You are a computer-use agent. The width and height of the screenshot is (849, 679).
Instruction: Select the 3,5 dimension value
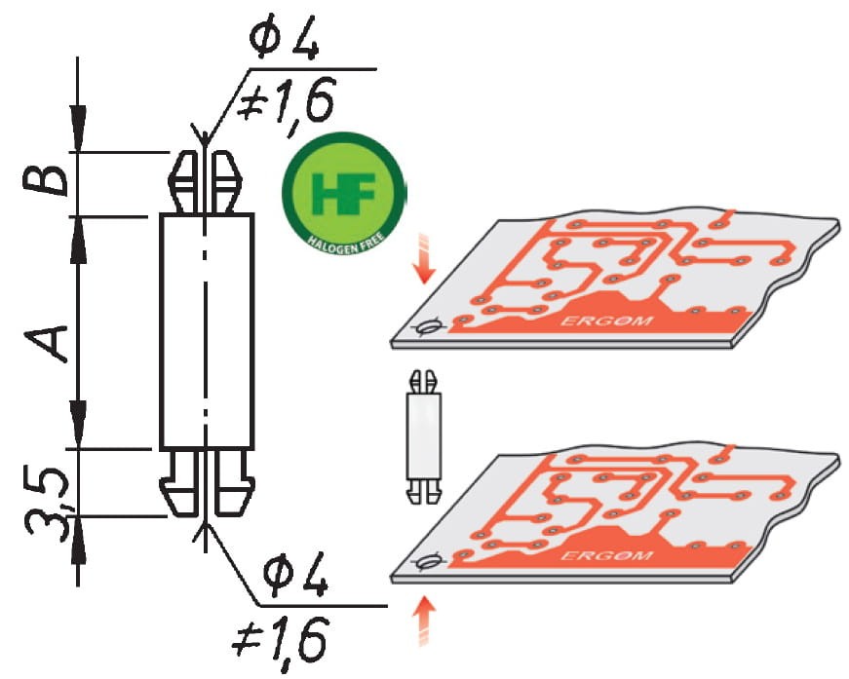pyautogui.click(x=46, y=502)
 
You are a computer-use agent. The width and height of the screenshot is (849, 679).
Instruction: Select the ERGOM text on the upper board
pyautogui.click(x=607, y=321)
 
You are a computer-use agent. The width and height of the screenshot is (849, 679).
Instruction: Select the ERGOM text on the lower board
pyautogui.click(x=607, y=556)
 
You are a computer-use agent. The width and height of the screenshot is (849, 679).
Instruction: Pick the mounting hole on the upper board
pyautogui.click(x=429, y=327)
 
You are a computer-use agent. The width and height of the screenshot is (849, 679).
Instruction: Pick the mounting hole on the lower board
pyautogui.click(x=429, y=561)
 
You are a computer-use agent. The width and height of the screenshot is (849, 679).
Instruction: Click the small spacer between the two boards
pyautogui.click(x=424, y=437)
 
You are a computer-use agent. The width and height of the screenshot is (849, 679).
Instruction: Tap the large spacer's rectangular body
pyautogui.click(x=207, y=331)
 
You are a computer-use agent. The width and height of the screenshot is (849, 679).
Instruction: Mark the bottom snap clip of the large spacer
pyautogui.click(x=207, y=481)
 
